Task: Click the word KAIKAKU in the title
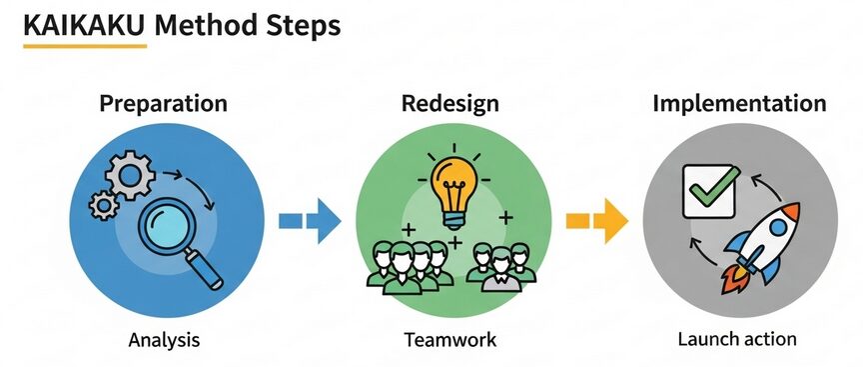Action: tap(83, 26)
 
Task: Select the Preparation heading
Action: tap(163, 104)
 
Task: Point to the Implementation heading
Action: tap(739, 104)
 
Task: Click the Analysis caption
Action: tap(165, 340)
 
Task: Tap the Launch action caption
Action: tap(737, 340)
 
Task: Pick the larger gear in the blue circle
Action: tap(130, 177)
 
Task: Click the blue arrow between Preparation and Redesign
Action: tap(309, 221)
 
